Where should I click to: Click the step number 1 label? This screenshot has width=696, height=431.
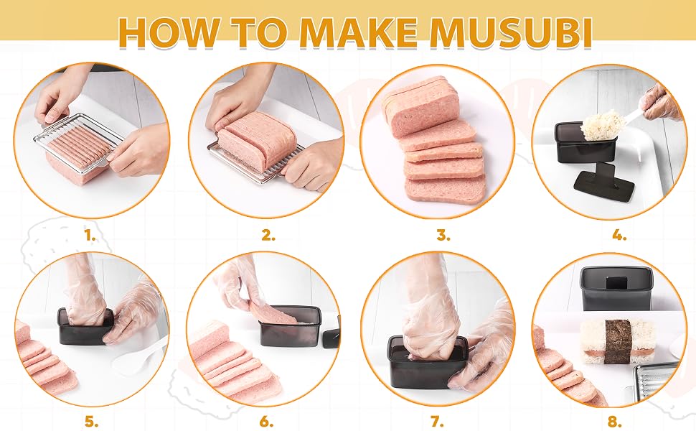click(90, 236)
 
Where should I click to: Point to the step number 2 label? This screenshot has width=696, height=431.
click(268, 236)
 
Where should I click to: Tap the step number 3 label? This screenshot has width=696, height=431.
click(443, 236)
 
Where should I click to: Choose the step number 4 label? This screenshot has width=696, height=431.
click(619, 236)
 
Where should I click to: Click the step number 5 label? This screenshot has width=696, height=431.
click(91, 421)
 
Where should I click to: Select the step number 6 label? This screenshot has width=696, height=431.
click(266, 421)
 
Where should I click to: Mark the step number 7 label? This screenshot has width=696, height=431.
click(437, 421)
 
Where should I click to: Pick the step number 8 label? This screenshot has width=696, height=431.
click(614, 421)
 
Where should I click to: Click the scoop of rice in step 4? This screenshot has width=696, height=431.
click(599, 124)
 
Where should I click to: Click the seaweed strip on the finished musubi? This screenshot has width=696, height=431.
click(618, 341)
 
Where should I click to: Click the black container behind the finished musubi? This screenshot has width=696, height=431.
click(617, 289)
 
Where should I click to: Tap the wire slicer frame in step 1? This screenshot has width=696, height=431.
click(78, 147)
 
